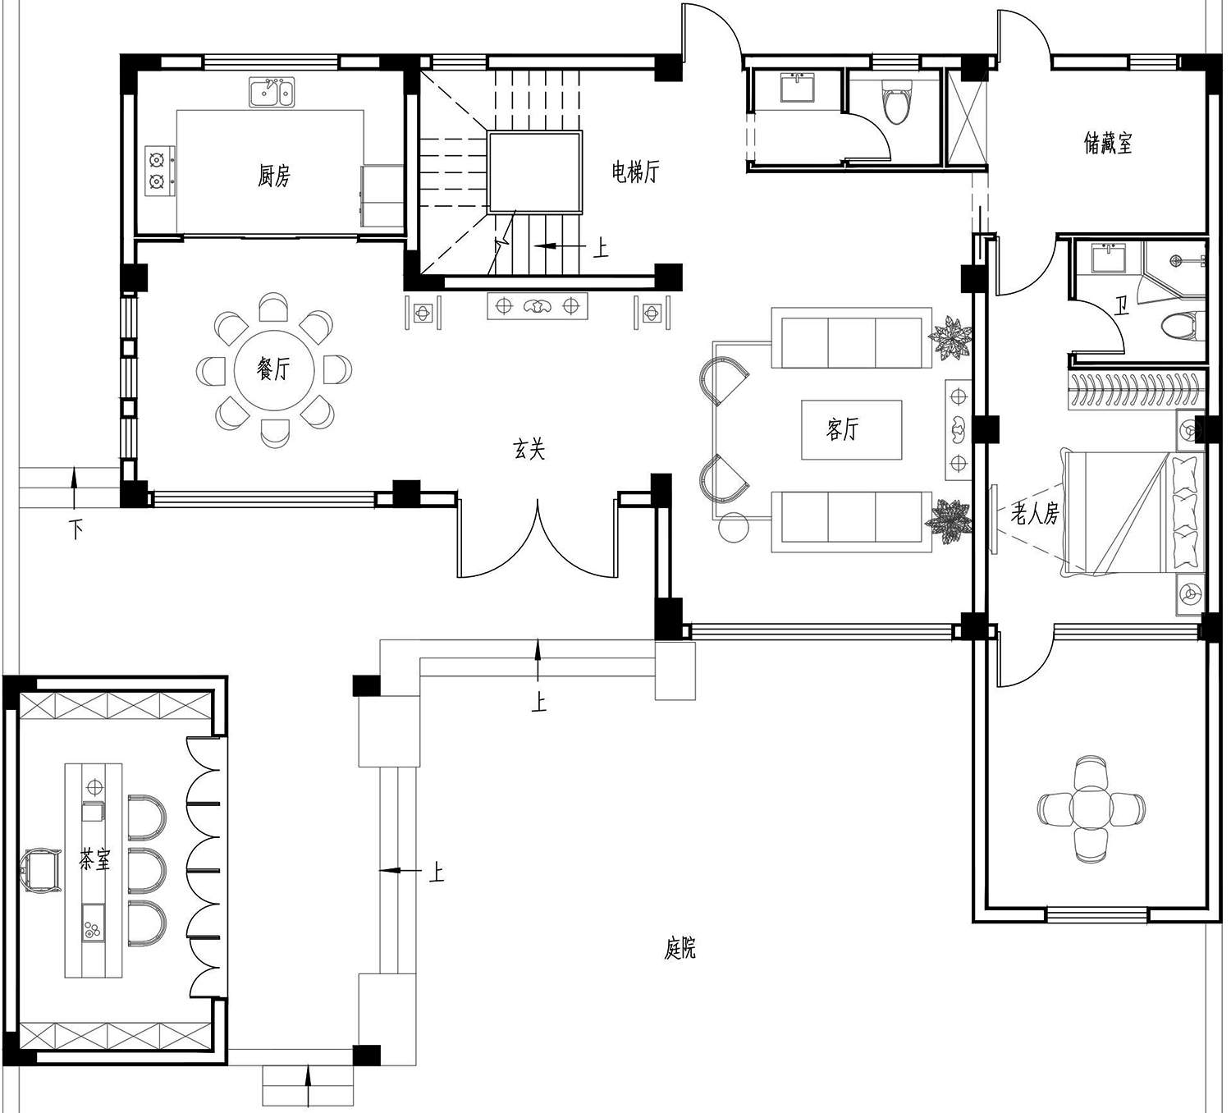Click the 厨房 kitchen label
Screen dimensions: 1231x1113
click(x=273, y=176)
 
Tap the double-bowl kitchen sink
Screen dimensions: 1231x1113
click(x=272, y=92)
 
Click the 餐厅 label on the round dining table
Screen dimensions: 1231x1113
click(x=273, y=369)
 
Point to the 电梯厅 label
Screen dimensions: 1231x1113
click(x=635, y=172)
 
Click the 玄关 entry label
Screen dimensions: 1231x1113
click(x=529, y=450)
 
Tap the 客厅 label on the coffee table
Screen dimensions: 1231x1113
click(x=843, y=429)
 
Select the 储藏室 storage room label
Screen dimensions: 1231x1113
click(x=1108, y=144)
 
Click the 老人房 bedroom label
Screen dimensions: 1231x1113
click(x=1035, y=513)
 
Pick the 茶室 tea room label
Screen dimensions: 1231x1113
click(x=94, y=860)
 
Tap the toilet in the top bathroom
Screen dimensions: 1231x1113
click(x=896, y=105)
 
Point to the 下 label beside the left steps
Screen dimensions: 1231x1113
click(x=76, y=529)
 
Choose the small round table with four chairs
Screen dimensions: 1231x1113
click(x=1091, y=808)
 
